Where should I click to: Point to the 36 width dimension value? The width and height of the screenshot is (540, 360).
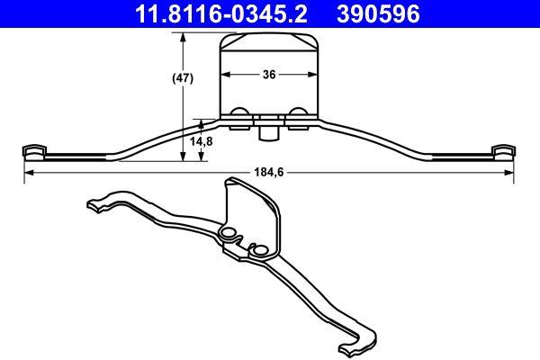click(269, 76)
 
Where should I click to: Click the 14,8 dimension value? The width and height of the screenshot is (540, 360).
click(202, 140)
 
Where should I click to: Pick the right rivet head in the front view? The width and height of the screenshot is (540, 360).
click(298, 113)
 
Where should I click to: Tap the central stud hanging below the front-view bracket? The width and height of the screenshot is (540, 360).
click(267, 132)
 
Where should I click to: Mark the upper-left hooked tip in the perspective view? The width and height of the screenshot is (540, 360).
click(94, 204)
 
